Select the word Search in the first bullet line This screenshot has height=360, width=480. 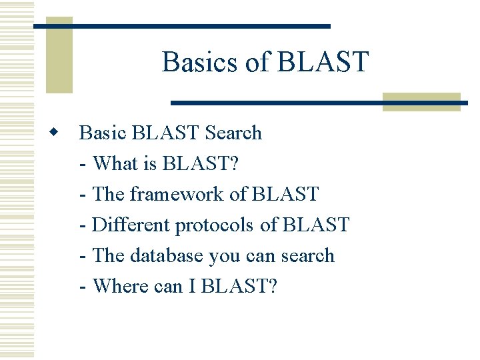[x=233, y=133]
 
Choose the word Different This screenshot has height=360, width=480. [x=131, y=225]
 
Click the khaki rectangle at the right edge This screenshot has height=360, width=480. [x=421, y=101]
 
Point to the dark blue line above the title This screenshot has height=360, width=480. [x=182, y=26]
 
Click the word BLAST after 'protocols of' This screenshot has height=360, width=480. [x=315, y=225]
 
